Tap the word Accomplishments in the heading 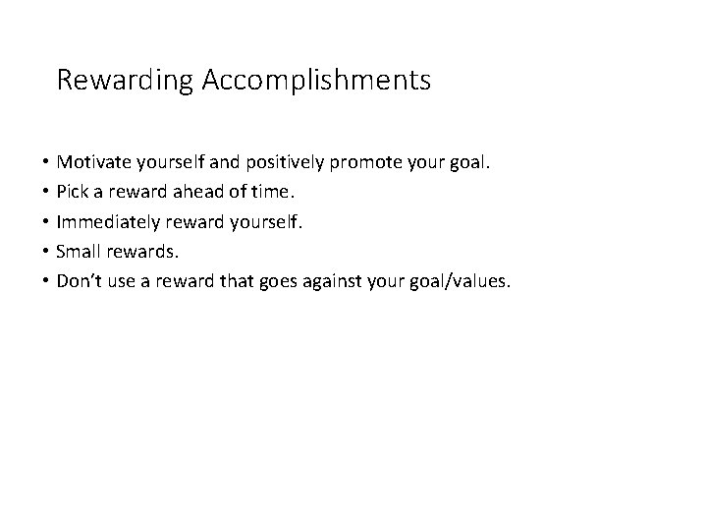316,81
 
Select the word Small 81,252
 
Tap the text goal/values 462,283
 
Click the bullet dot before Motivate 46,160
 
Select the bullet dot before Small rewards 46,252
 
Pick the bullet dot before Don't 46,282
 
